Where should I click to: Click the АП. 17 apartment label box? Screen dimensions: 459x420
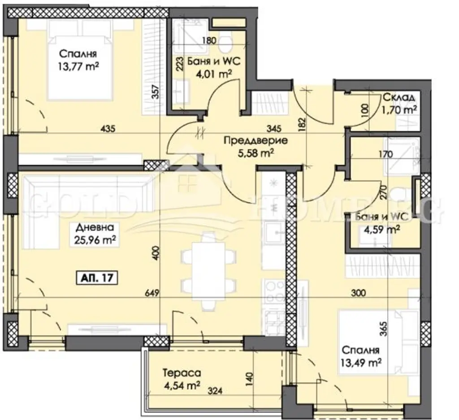coord(97,278)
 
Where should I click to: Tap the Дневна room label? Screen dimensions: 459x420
coord(95,227)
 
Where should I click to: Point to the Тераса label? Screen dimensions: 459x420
coord(182,373)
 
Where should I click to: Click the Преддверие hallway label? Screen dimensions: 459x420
coord(255,140)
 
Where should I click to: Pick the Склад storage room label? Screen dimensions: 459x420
coord(398,97)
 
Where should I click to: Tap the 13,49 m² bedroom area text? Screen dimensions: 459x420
coord(361,363)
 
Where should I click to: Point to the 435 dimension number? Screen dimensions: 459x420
coord(108,128)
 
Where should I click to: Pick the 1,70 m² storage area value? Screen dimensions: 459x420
coord(398,110)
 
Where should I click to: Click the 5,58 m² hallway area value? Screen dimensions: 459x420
coord(255,153)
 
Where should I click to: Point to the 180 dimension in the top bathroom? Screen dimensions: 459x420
coord(210,40)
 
